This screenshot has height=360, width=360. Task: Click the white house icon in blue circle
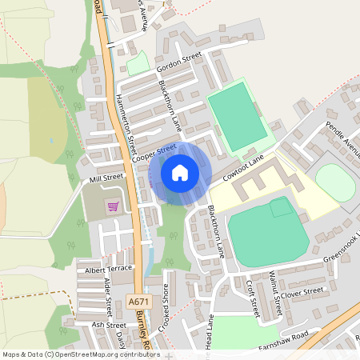(x=180, y=173)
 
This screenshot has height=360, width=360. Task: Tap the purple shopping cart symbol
(x=113, y=206)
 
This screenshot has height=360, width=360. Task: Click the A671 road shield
(x=139, y=302)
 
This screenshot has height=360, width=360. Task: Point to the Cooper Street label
(x=154, y=154)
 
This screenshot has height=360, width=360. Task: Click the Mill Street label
(x=106, y=178)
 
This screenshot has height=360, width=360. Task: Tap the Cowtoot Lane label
(x=243, y=168)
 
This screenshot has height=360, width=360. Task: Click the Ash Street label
(x=109, y=326)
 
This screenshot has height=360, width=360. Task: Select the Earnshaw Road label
(x=283, y=342)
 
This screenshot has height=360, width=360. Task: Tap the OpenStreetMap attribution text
(x=80, y=354)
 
